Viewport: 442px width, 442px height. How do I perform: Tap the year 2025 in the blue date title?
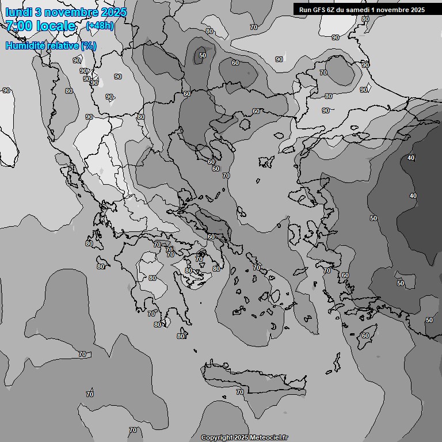click(113, 12)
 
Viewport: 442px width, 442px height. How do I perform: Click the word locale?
click(56, 26)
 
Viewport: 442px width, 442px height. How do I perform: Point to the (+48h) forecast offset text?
click(100, 26)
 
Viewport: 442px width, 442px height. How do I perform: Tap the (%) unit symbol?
click(89, 45)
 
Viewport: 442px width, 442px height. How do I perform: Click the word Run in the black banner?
click(306, 10)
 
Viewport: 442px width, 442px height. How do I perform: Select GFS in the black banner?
click(319, 10)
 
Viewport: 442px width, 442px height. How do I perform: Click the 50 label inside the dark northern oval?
click(202, 56)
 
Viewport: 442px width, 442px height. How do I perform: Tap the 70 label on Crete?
click(239, 392)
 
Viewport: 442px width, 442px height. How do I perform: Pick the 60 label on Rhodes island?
click(365, 336)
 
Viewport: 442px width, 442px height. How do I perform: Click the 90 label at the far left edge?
click(6, 90)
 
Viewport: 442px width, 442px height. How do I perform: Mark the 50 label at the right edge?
click(429, 320)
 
